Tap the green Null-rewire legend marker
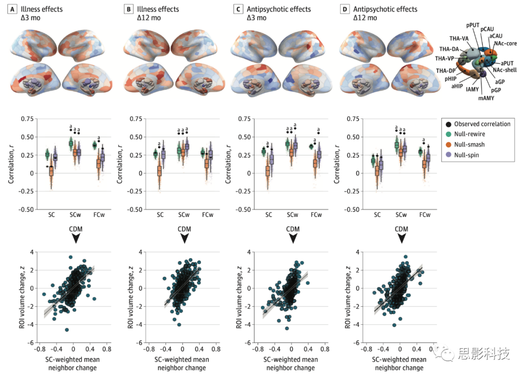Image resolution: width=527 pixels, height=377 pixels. pyautogui.click(x=447, y=134)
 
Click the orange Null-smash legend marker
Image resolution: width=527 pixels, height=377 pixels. pyautogui.click(x=447, y=144)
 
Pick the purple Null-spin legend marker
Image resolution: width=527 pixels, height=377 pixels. pyautogui.click(x=447, y=155)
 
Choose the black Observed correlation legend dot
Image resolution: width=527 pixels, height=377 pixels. pyautogui.click(x=447, y=124)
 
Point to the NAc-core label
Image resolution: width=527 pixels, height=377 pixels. pyautogui.click(x=506, y=44)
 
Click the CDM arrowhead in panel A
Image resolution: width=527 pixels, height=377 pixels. pyautogui.click(x=76, y=238)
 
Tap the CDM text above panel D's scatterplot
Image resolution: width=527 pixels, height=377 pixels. pyautogui.click(x=401, y=229)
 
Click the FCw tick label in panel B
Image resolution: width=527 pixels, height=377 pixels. pyautogui.click(x=208, y=215)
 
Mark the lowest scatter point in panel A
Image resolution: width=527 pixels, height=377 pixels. pyautogui.click(x=67, y=330)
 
